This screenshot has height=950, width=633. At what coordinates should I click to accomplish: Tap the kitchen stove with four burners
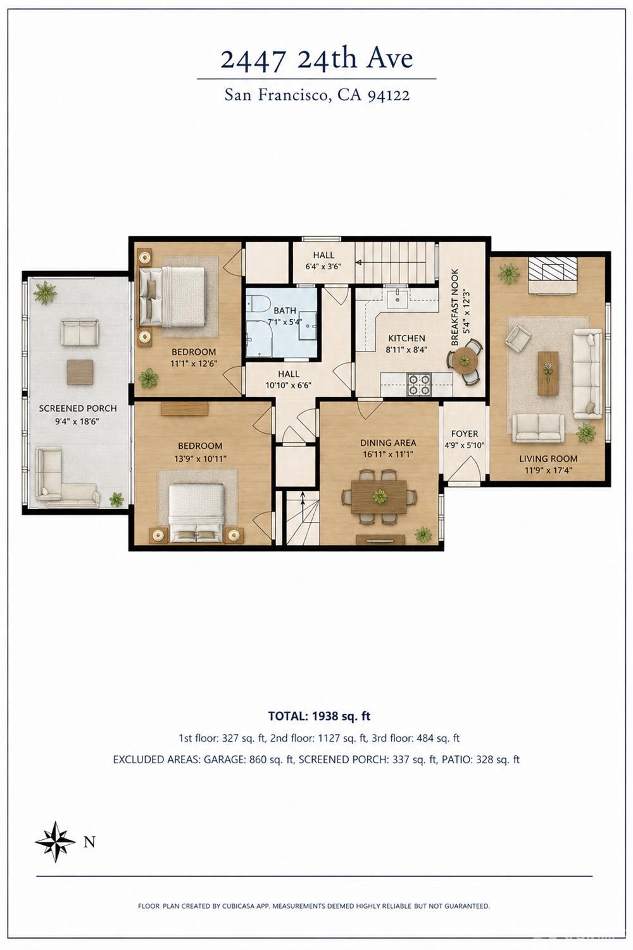(419, 384)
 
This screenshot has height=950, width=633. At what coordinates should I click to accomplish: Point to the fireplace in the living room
(553, 276)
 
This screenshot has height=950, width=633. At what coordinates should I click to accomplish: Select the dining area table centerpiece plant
(380, 496)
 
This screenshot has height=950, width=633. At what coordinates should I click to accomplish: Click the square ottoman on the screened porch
(80, 372)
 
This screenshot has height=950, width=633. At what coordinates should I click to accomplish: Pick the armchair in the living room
(518, 338)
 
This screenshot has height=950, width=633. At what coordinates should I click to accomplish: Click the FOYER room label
(464, 434)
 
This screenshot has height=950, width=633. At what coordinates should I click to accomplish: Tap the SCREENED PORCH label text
(78, 408)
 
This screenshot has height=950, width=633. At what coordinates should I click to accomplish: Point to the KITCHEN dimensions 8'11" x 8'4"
(406, 350)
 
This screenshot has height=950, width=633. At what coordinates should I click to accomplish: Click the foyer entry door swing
(465, 469)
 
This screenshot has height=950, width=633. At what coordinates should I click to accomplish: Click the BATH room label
(284, 310)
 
